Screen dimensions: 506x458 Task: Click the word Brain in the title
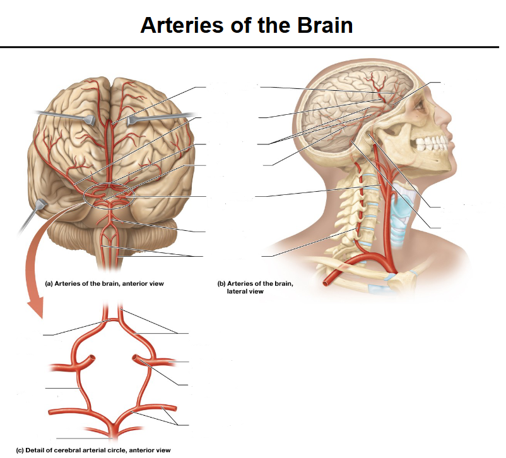click(325, 25)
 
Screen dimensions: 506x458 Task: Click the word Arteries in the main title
click(182, 25)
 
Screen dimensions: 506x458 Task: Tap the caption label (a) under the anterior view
click(49, 284)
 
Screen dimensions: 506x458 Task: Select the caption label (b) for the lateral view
click(221, 284)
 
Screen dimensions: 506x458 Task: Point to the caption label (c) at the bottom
click(20, 450)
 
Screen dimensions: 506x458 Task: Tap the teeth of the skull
click(432, 143)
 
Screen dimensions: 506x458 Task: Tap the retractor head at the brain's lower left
click(40, 204)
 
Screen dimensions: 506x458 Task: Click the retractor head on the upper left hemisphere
click(89, 120)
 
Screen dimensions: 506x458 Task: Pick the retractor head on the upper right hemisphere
click(132, 120)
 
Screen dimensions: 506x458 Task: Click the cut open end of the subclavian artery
click(327, 283)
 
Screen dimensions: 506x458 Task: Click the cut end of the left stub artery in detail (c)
click(92, 358)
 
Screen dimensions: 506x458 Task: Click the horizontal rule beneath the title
click(249, 47)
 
